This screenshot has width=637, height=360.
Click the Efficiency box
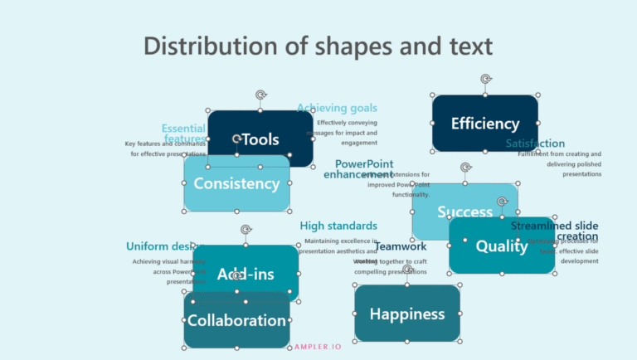coord(484,124)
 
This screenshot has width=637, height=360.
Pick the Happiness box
coord(406,314)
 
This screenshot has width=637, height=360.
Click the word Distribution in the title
coord(211,46)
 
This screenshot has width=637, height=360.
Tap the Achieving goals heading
coord(337,108)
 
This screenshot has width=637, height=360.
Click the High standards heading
coord(338,226)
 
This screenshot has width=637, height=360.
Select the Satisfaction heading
coord(535,144)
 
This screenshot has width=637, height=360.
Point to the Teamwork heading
coord(400,246)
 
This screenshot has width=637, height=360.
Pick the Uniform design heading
coord(158,246)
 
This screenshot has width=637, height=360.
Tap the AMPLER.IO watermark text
coord(319,347)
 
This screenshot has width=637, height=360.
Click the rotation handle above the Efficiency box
coord(485,80)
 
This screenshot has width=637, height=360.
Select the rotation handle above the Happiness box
coord(407,270)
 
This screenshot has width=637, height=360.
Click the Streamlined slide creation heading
coord(554,231)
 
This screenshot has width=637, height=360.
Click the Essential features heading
coord(184,133)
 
